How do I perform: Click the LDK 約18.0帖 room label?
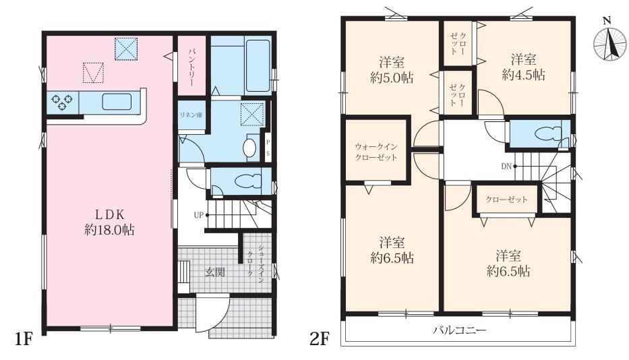pyautogui.click(x=109, y=222)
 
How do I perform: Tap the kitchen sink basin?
pyautogui.click(x=117, y=102)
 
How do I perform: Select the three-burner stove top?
pyautogui.click(x=63, y=102)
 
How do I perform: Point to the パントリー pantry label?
pyautogui.click(x=191, y=66)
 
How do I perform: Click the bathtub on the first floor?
pyautogui.click(x=257, y=65)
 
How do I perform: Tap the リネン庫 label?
pyautogui.click(x=191, y=115)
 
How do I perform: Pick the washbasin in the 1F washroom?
pyautogui.click(x=249, y=148)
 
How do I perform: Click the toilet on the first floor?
pyautogui.click(x=248, y=181)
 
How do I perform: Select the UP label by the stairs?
pyautogui.click(x=199, y=215)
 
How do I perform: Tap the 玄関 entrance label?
pyautogui.click(x=215, y=272)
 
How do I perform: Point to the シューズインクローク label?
pyautogui.click(x=255, y=263)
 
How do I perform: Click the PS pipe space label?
pyautogui.click(x=268, y=147)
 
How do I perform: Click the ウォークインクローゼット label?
pyautogui.click(x=376, y=152)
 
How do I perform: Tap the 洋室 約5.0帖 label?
pyautogui.click(x=392, y=70)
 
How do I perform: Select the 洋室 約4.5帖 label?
pyautogui.click(x=524, y=67)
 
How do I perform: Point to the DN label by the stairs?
pyautogui.click(x=506, y=166)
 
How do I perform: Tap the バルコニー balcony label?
pyautogui.click(x=459, y=331)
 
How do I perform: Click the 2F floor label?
pyautogui.click(x=319, y=340)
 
